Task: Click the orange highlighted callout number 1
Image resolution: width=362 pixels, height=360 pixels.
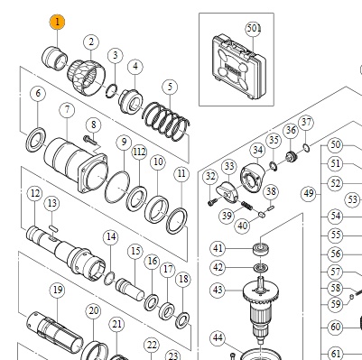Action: pyautogui.click(x=57, y=22)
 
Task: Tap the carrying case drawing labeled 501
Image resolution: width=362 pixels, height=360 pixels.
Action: pyautogui.click(x=238, y=68)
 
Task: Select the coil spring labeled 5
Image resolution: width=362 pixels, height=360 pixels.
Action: pyautogui.click(x=166, y=122)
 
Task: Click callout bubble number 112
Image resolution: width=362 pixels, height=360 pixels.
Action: pyautogui.click(x=139, y=152)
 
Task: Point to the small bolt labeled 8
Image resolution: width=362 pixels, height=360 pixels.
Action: pyautogui.click(x=90, y=140)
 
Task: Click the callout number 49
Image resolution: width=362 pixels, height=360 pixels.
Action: pyautogui.click(x=309, y=193)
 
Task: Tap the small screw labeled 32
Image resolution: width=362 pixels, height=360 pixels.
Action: pyautogui.click(x=212, y=202)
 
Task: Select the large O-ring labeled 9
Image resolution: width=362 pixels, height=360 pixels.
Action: pyautogui.click(x=117, y=187)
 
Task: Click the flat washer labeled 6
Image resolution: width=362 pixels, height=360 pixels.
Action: pyautogui.click(x=36, y=140)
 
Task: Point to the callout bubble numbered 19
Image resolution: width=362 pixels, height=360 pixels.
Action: pyautogui.click(x=58, y=291)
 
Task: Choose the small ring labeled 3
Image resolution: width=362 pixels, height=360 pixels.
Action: pyautogui.click(x=111, y=91)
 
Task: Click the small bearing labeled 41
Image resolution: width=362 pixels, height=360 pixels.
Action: pyautogui.click(x=261, y=249)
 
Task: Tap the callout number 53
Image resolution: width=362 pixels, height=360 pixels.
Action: pyautogui.click(x=353, y=199)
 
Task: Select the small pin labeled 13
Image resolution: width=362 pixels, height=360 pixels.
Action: pyautogui.click(x=53, y=228)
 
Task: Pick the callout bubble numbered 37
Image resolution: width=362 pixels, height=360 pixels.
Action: pyautogui.click(x=306, y=122)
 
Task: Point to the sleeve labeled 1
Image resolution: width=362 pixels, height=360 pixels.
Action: pyautogui.click(x=54, y=58)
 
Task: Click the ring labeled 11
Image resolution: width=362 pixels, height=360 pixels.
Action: pyautogui.click(x=177, y=221)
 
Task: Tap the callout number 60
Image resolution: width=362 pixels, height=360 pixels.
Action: pyautogui.click(x=336, y=327)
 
